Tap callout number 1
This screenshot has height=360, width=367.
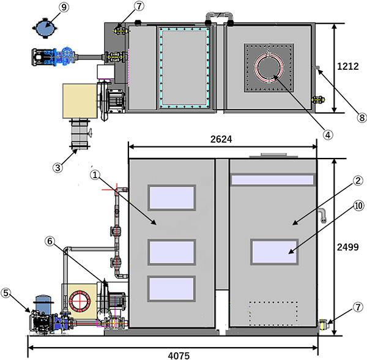tap(94, 174)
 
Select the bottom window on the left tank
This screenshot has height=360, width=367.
tap(172, 289)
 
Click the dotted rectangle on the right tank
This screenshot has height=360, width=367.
tap(273, 313)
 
